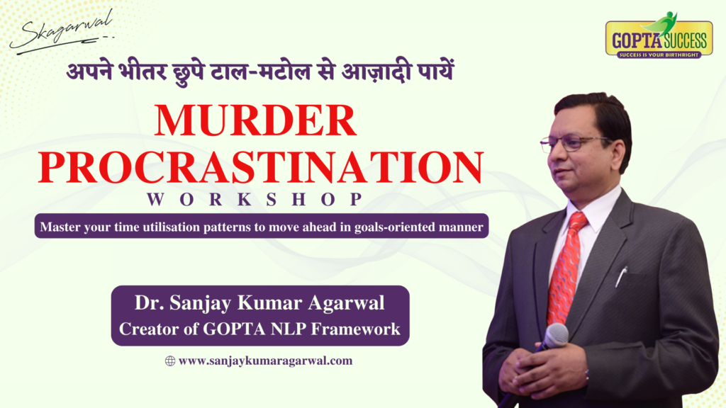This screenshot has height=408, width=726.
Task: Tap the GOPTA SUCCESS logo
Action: click(x=659, y=36)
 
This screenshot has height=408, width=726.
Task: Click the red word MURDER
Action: click(x=255, y=120)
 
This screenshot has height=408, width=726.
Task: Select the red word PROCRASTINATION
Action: click(x=261, y=167)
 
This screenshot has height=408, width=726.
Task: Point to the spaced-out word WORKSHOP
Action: click(x=255, y=199)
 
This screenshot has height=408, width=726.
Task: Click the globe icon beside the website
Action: click(x=170, y=361)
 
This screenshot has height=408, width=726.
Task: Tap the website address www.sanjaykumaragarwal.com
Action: click(x=265, y=361)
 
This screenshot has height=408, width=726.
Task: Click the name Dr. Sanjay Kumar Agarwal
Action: click(x=259, y=303)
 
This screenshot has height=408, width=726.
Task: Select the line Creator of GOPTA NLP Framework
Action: click(x=259, y=329)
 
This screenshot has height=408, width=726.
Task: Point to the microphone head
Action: click(x=556, y=336)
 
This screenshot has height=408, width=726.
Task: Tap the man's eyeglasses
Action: click(x=574, y=143)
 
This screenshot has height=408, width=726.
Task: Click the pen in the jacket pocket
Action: click(x=621, y=276)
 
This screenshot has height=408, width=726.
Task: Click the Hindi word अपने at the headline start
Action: click(x=89, y=72)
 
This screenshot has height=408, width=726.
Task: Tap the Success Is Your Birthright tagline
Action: click(x=659, y=55)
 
